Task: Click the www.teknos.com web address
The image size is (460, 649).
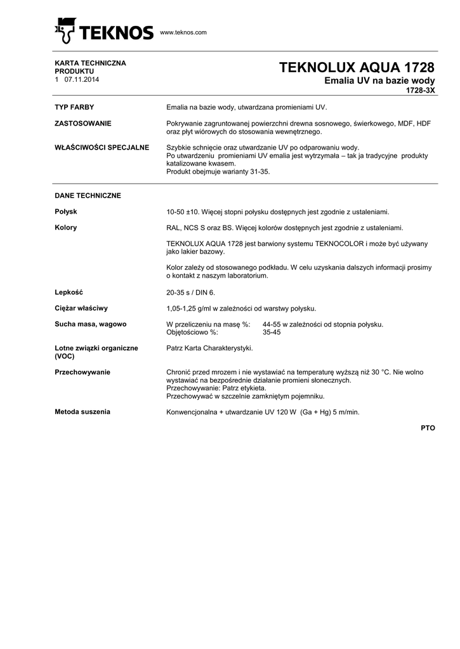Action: click(183, 32)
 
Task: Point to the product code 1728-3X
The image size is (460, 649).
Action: click(420, 91)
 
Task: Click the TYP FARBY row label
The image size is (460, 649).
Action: click(75, 107)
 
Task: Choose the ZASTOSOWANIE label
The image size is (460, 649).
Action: click(83, 123)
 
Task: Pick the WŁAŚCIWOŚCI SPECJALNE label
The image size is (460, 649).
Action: click(102, 148)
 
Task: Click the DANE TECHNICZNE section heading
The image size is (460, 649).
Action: click(88, 195)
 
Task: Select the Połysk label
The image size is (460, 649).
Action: click(66, 212)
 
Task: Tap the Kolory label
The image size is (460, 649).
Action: click(66, 228)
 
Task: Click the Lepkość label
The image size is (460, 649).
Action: click(69, 292)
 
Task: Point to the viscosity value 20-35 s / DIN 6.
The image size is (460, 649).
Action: click(190, 293)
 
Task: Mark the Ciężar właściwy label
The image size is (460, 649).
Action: click(81, 308)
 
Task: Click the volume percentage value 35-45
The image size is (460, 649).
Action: click(272, 332)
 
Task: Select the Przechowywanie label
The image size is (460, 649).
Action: click(83, 372)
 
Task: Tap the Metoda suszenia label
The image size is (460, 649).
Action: click(82, 412)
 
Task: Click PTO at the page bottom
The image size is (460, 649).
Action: click(428, 428)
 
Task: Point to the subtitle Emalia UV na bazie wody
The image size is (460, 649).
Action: click(379, 81)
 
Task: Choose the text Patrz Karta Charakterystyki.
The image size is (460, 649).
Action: click(209, 348)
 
